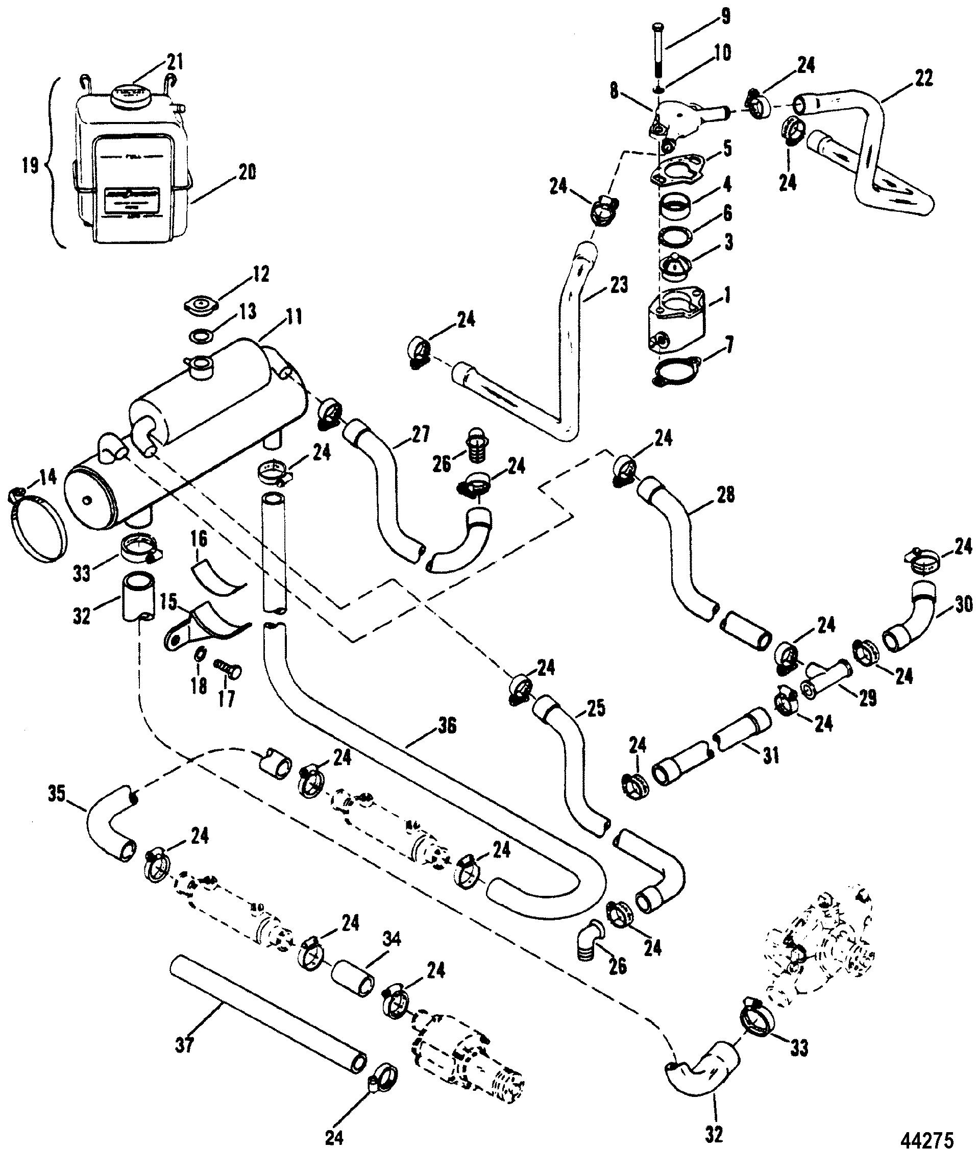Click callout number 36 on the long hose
click(x=447, y=726)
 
